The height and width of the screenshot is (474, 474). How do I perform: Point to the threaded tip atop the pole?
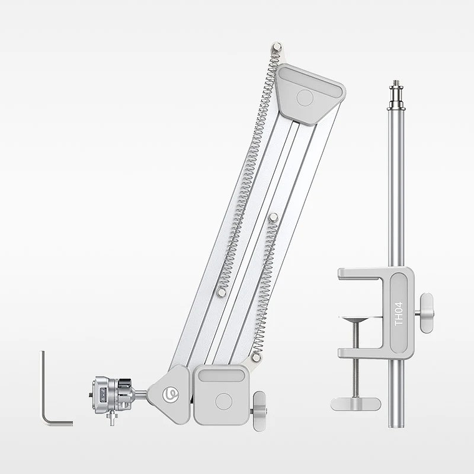tap(395, 87)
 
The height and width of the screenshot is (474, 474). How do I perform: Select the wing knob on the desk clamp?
tap(427, 312)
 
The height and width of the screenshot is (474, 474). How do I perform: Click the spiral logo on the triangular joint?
tap(170, 394)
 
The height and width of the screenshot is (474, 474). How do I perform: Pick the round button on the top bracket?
tap(305, 97)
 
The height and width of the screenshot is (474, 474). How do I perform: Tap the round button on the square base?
tap(223, 401)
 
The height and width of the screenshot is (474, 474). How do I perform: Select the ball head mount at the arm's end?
tap(112, 394)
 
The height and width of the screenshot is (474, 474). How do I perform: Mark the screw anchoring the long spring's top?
tap(277, 46)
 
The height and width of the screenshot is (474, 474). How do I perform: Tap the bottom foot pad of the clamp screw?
tap(356, 404)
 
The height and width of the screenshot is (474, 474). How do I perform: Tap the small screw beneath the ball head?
tap(112, 416)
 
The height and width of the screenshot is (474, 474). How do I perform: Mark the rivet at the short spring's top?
tap(273, 217)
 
